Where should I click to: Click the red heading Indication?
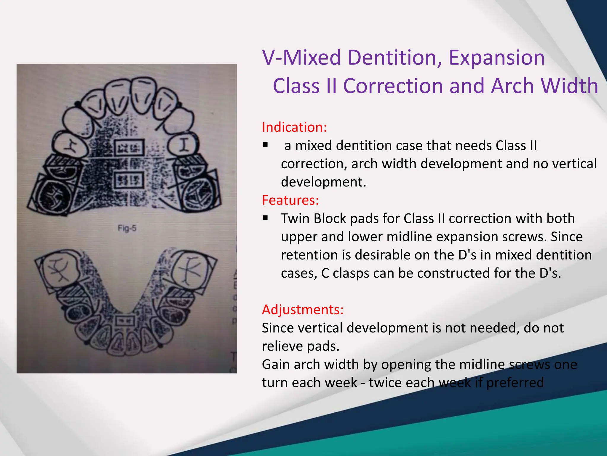(294, 127)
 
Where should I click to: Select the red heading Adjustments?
(303, 310)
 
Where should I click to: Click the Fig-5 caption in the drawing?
(127, 228)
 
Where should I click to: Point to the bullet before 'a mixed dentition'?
(265, 145)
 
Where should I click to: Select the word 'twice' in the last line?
(385, 383)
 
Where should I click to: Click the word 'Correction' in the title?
(393, 86)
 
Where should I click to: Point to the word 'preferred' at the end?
(515, 383)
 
